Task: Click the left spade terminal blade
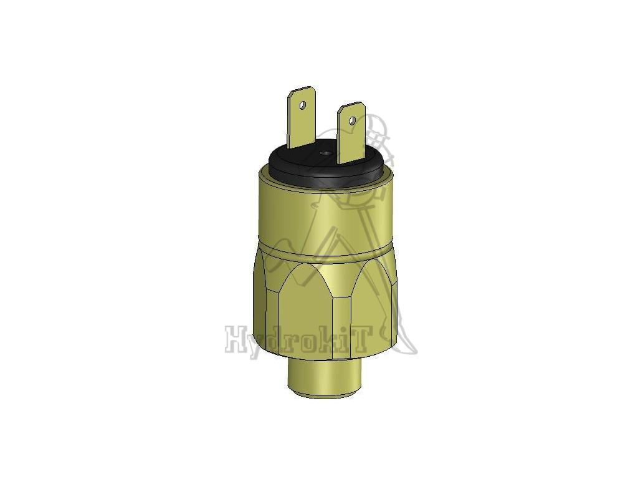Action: click(301, 122)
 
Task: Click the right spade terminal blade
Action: click(350, 134)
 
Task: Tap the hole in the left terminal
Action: click(303, 105)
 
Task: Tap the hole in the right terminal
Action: click(352, 120)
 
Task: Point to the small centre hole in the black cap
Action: click(324, 153)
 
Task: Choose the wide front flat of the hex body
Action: click(305, 306)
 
